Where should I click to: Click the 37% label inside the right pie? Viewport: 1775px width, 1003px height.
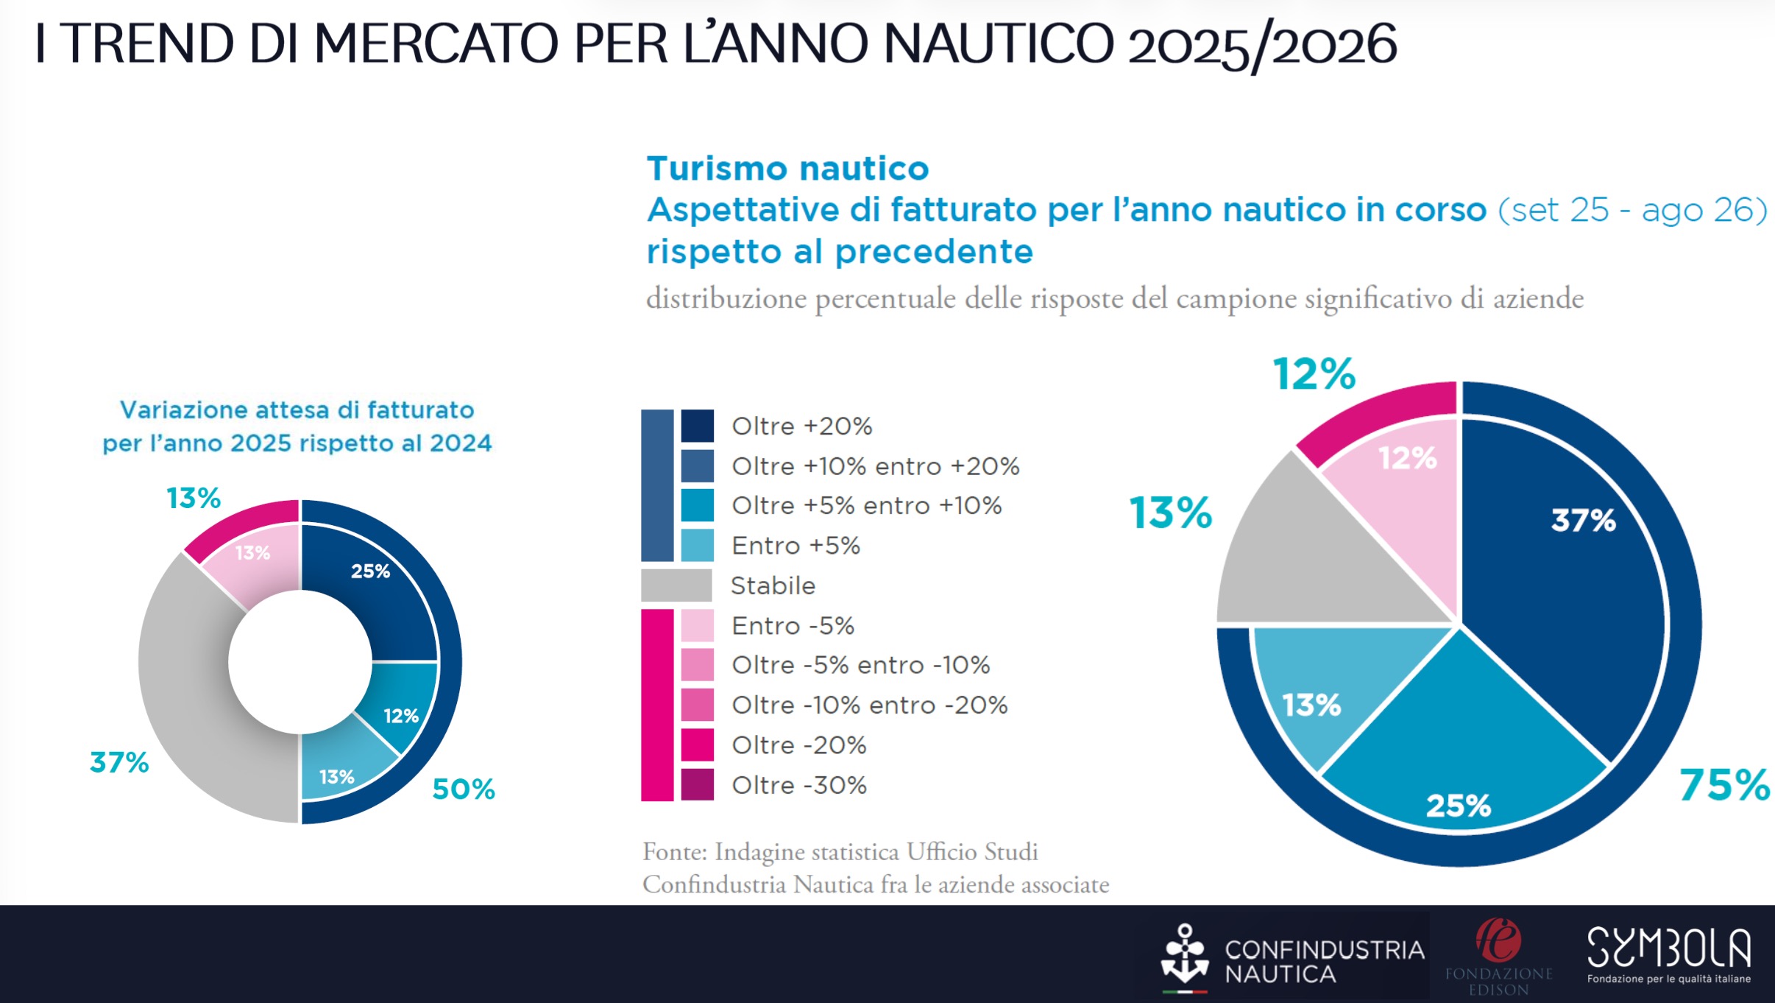click(1583, 520)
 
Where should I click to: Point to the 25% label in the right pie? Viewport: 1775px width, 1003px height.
click(1458, 806)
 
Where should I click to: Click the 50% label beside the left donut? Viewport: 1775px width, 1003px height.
click(463, 789)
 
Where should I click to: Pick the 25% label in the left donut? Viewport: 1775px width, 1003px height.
click(370, 571)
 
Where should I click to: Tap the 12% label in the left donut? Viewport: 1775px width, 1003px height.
click(400, 716)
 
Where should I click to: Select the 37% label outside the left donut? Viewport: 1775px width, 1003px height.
click(119, 762)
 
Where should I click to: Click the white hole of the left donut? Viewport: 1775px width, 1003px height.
click(300, 661)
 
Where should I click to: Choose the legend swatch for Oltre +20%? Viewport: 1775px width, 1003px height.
click(697, 426)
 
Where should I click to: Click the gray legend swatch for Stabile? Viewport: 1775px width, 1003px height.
click(676, 585)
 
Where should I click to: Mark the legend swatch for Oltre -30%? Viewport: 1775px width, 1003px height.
click(697, 784)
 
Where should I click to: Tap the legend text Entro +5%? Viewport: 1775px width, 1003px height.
click(796, 546)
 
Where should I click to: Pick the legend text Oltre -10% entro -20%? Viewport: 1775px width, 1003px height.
click(869, 705)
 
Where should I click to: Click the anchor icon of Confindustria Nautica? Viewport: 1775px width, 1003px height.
click(1184, 955)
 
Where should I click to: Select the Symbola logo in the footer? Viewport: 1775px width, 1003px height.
click(1668, 954)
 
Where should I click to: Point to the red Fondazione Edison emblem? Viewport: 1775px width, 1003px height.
click(1498, 940)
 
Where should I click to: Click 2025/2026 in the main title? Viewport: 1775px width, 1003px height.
click(1261, 44)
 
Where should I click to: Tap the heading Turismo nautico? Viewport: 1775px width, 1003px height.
click(787, 169)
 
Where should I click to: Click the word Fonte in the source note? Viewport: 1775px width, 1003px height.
click(674, 851)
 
